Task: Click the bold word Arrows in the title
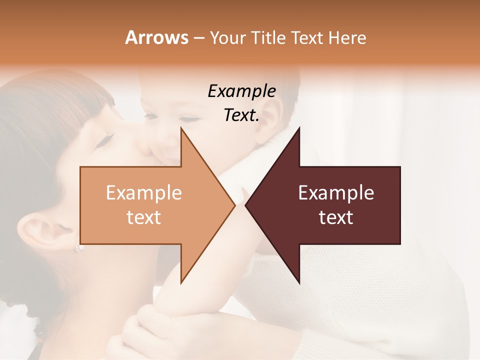pyautogui.click(x=157, y=37)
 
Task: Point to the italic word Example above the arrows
pyautogui.click(x=242, y=91)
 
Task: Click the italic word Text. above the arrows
pyautogui.click(x=241, y=115)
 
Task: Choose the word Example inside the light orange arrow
pyautogui.click(x=144, y=193)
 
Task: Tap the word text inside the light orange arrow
pyautogui.click(x=144, y=217)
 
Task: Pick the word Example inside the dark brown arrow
pyautogui.click(x=336, y=193)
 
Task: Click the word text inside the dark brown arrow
pyautogui.click(x=336, y=217)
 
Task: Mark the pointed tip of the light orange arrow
pyautogui.click(x=234, y=205)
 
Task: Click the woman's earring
pyautogui.click(x=78, y=248)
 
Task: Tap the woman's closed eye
pyautogui.click(x=105, y=142)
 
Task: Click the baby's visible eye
pyautogui.click(x=189, y=119)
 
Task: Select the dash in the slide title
pyautogui.click(x=198, y=38)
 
